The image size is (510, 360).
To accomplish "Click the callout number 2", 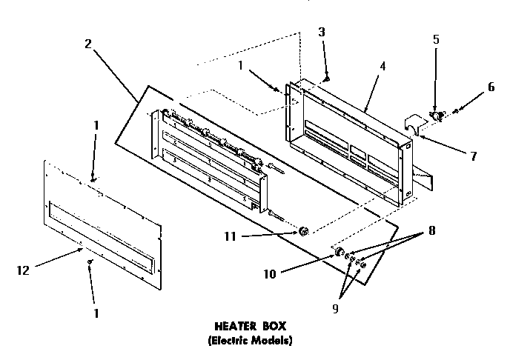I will [x=88, y=43].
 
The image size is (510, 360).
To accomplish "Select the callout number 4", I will [x=382, y=66].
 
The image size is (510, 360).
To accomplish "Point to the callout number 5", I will [x=436, y=40].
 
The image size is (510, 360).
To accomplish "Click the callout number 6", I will [x=490, y=86].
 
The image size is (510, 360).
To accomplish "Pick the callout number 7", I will [x=473, y=156].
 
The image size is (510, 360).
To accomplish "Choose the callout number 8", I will [x=430, y=230].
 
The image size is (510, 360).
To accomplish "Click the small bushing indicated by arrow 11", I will [x=303, y=232].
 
